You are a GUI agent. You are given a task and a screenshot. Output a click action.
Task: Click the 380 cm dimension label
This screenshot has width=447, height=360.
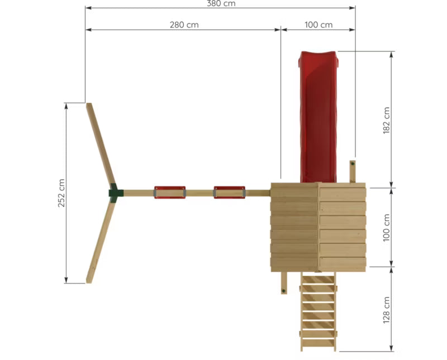pos(221,3)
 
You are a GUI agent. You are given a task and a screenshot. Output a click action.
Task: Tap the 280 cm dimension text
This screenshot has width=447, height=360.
pos(184,25)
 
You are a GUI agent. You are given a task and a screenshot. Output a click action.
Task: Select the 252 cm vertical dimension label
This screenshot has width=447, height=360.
pos(61,193)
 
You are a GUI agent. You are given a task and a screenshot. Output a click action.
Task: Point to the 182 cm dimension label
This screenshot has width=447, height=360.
pos(386,120)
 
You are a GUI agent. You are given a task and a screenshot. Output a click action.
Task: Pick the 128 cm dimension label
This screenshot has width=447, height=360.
pos(386,310)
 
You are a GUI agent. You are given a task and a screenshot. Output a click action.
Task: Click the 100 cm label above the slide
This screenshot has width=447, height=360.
pos(318,25)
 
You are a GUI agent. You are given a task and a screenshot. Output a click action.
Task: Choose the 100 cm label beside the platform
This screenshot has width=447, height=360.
pos(386,228)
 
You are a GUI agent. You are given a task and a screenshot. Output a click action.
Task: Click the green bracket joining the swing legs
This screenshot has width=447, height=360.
pos(116,193)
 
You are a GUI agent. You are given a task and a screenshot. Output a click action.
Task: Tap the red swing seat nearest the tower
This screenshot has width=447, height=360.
pos(230,192)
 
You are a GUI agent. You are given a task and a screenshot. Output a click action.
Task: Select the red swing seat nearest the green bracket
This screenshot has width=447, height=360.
pos(170,192)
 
